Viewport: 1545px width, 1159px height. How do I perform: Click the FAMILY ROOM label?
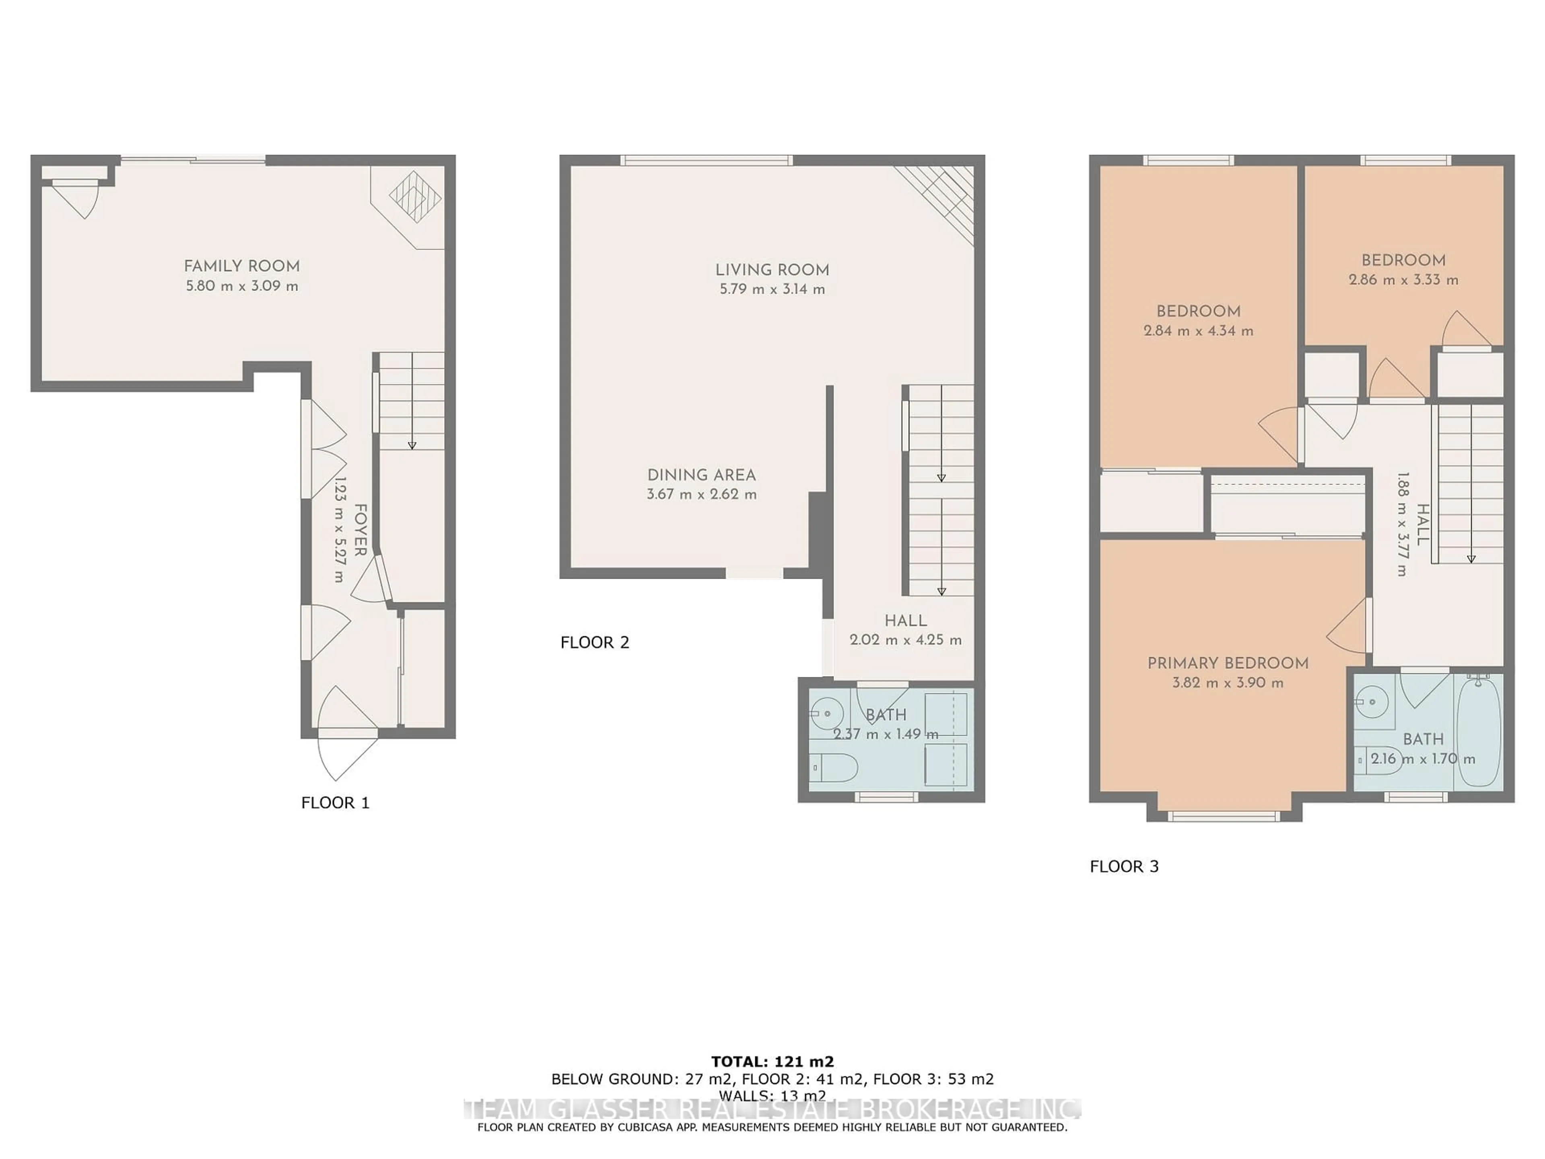tap(242, 266)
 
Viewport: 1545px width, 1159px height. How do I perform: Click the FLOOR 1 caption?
tap(335, 803)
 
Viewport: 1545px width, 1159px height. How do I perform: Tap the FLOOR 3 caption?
tap(1124, 866)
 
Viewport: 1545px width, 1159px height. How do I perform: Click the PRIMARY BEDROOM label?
tap(1227, 663)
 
